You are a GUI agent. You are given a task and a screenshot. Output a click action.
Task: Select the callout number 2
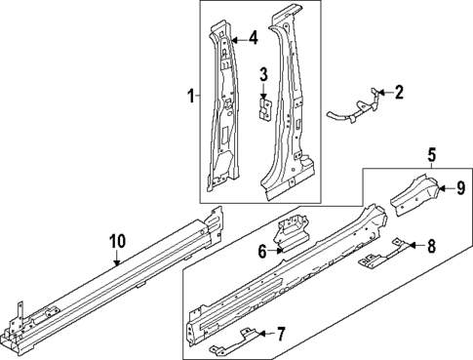click(398, 93)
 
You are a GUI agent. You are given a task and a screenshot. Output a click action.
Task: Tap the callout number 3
click(263, 75)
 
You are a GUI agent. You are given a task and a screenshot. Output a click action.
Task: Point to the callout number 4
click(252, 39)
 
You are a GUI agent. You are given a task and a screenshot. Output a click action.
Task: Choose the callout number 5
click(431, 153)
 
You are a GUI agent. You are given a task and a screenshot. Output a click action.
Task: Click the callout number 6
click(262, 251)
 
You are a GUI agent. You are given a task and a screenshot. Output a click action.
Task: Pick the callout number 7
click(280, 335)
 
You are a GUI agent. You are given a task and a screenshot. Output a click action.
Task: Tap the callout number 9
click(461, 189)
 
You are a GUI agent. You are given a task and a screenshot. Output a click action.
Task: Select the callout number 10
click(117, 241)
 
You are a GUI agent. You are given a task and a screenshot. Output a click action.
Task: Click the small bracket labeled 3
click(263, 104)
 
